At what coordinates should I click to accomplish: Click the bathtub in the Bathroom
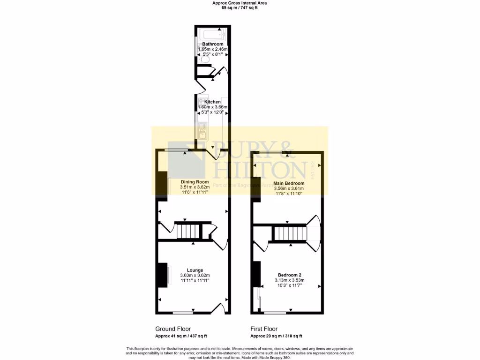coord(212,34)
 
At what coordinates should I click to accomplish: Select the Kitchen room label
coord(212,102)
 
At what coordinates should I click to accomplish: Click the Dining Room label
coord(195,182)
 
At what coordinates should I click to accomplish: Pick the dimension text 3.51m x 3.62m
coord(195,187)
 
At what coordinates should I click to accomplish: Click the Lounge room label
coord(195,270)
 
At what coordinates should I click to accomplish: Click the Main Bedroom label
coord(289,183)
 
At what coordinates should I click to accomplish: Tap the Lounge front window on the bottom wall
coord(183,313)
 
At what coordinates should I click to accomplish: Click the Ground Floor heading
coord(172,329)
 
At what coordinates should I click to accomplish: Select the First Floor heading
coord(264,329)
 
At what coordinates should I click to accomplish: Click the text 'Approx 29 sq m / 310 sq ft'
coord(276,336)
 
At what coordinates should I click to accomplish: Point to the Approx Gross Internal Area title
coord(240,3)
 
